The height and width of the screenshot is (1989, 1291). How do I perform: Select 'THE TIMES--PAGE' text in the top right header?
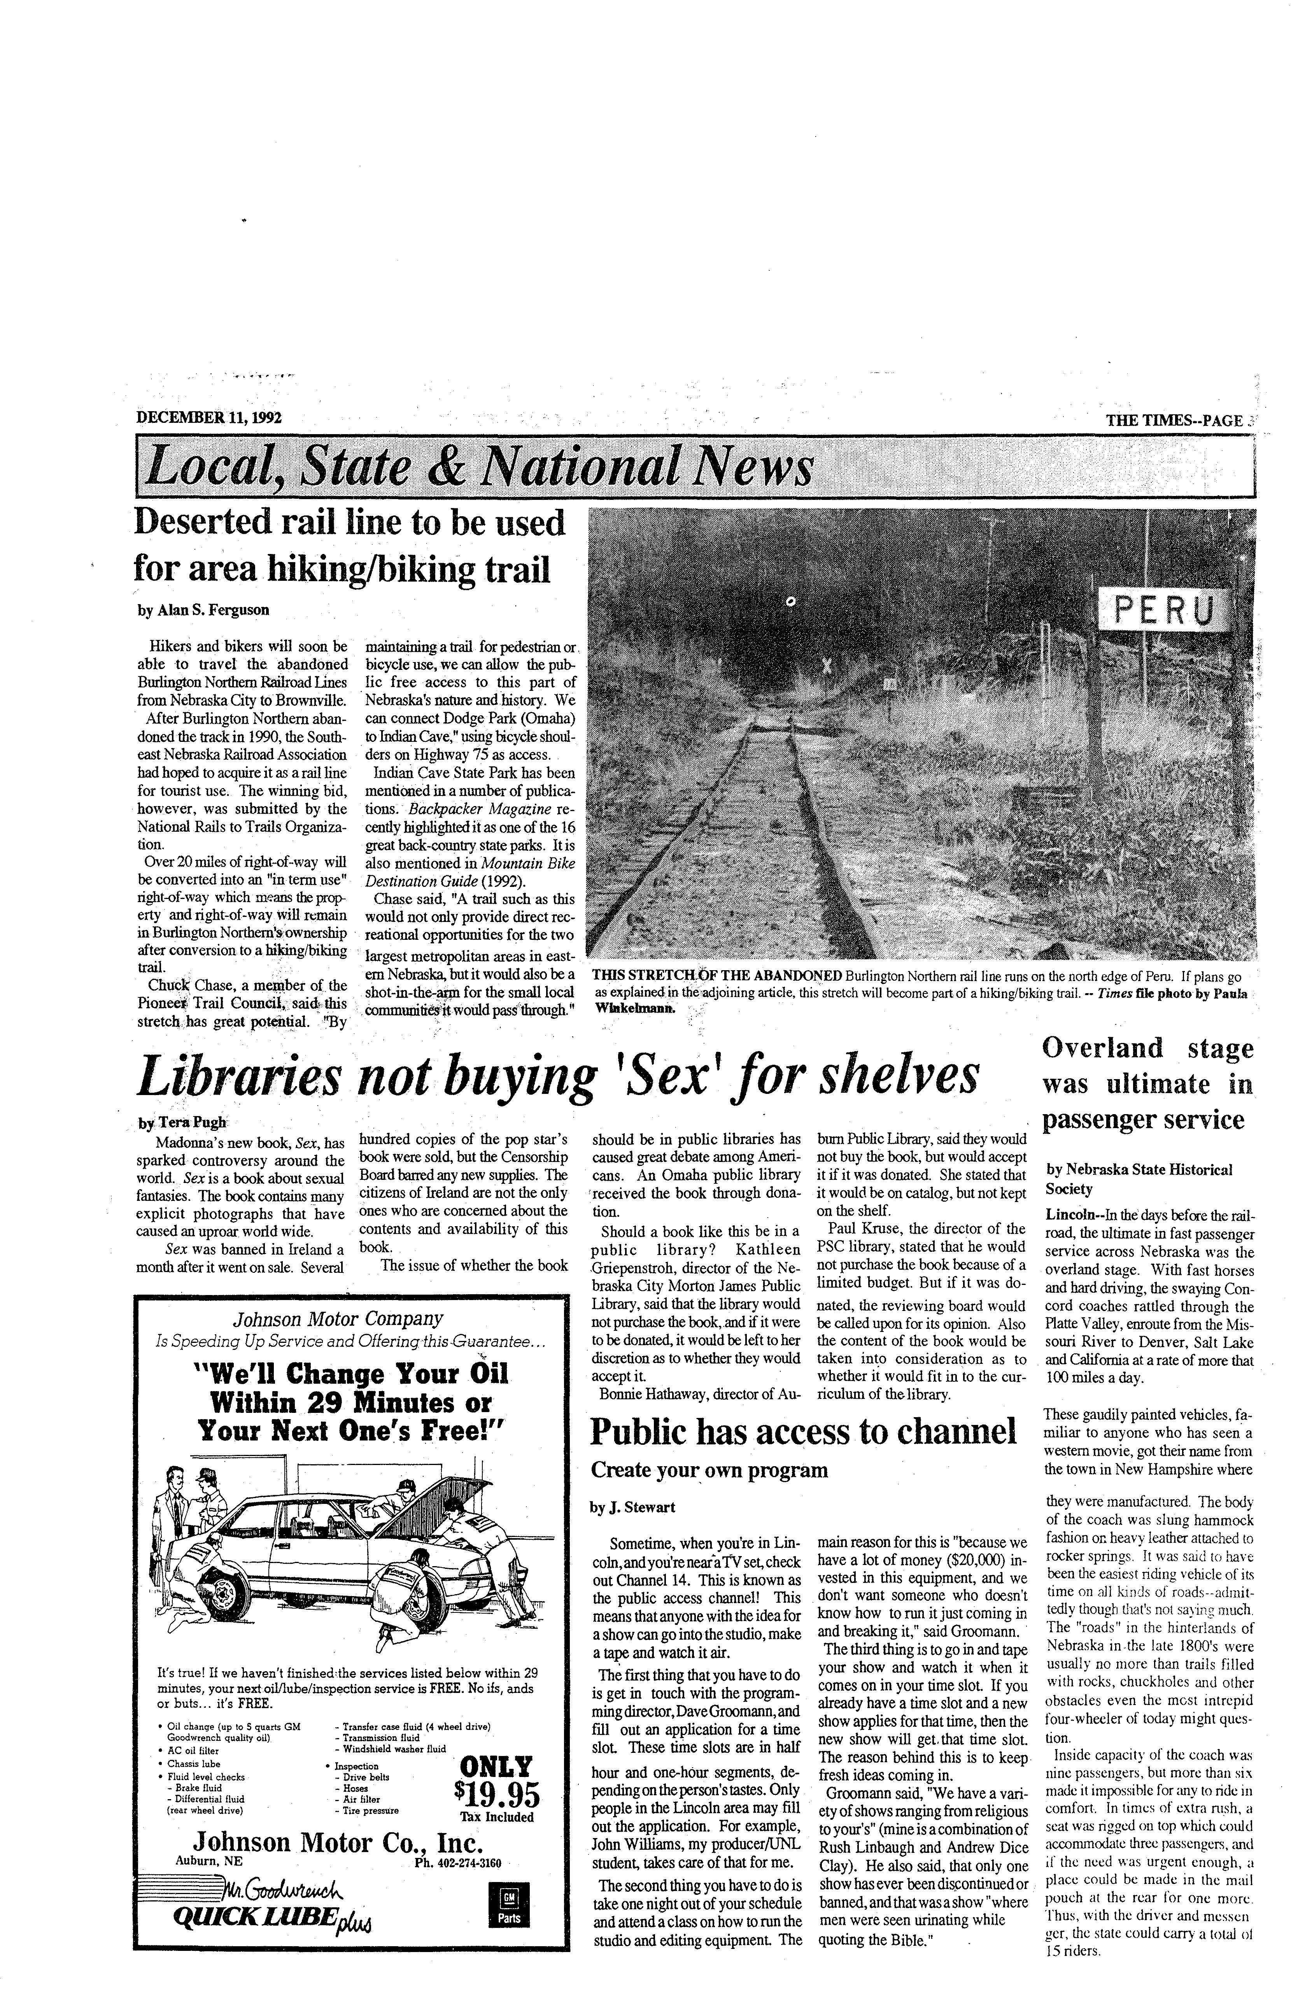tap(1174, 419)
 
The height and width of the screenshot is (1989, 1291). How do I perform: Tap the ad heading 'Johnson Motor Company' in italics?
tap(338, 1319)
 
